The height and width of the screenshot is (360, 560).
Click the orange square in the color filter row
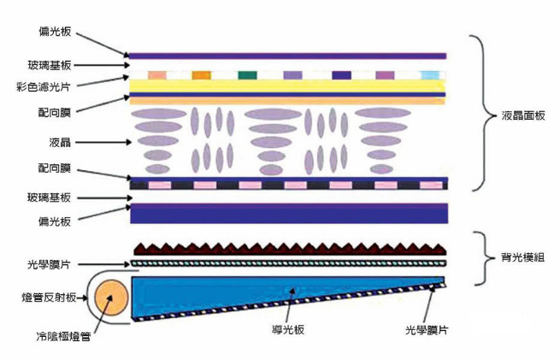201,75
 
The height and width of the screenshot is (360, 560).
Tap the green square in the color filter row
247,75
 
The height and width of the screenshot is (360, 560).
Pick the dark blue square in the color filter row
340,75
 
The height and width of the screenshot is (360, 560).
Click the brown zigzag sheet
290,248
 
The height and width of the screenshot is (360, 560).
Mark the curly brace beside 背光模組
480,255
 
